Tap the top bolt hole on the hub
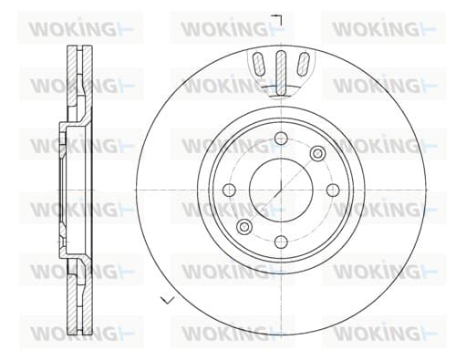pyautogui.click(x=281, y=139)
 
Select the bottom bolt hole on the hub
pyautogui.click(x=281, y=242)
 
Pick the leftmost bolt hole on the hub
pyautogui.click(x=229, y=190)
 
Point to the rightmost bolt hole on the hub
pyautogui.click(x=333, y=190)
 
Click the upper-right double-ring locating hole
pyautogui.click(x=317, y=153)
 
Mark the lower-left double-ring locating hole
pyautogui.click(x=244, y=227)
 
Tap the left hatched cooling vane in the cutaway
pyautogui.click(x=259, y=64)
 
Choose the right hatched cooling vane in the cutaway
pyautogui.click(x=303, y=64)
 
